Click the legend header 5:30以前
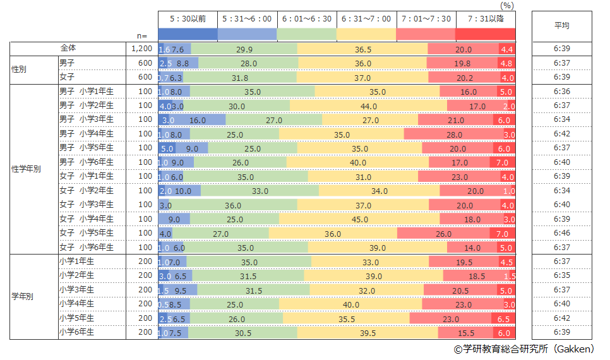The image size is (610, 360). click(x=188, y=19)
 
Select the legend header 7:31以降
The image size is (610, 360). click(x=486, y=19)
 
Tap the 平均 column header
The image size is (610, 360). click(x=561, y=26)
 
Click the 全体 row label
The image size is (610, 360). click(x=68, y=48)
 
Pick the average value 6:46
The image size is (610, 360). click(x=561, y=234)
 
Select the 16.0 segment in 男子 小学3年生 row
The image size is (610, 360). click(x=198, y=120)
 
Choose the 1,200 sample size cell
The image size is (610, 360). click(x=141, y=49)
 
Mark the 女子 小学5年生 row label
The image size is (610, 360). click(x=87, y=233)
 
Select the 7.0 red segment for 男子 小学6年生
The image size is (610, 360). click(x=503, y=162)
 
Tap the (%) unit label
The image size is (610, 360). click(x=507, y=5)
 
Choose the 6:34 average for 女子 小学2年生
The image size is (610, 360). click(x=561, y=191)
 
